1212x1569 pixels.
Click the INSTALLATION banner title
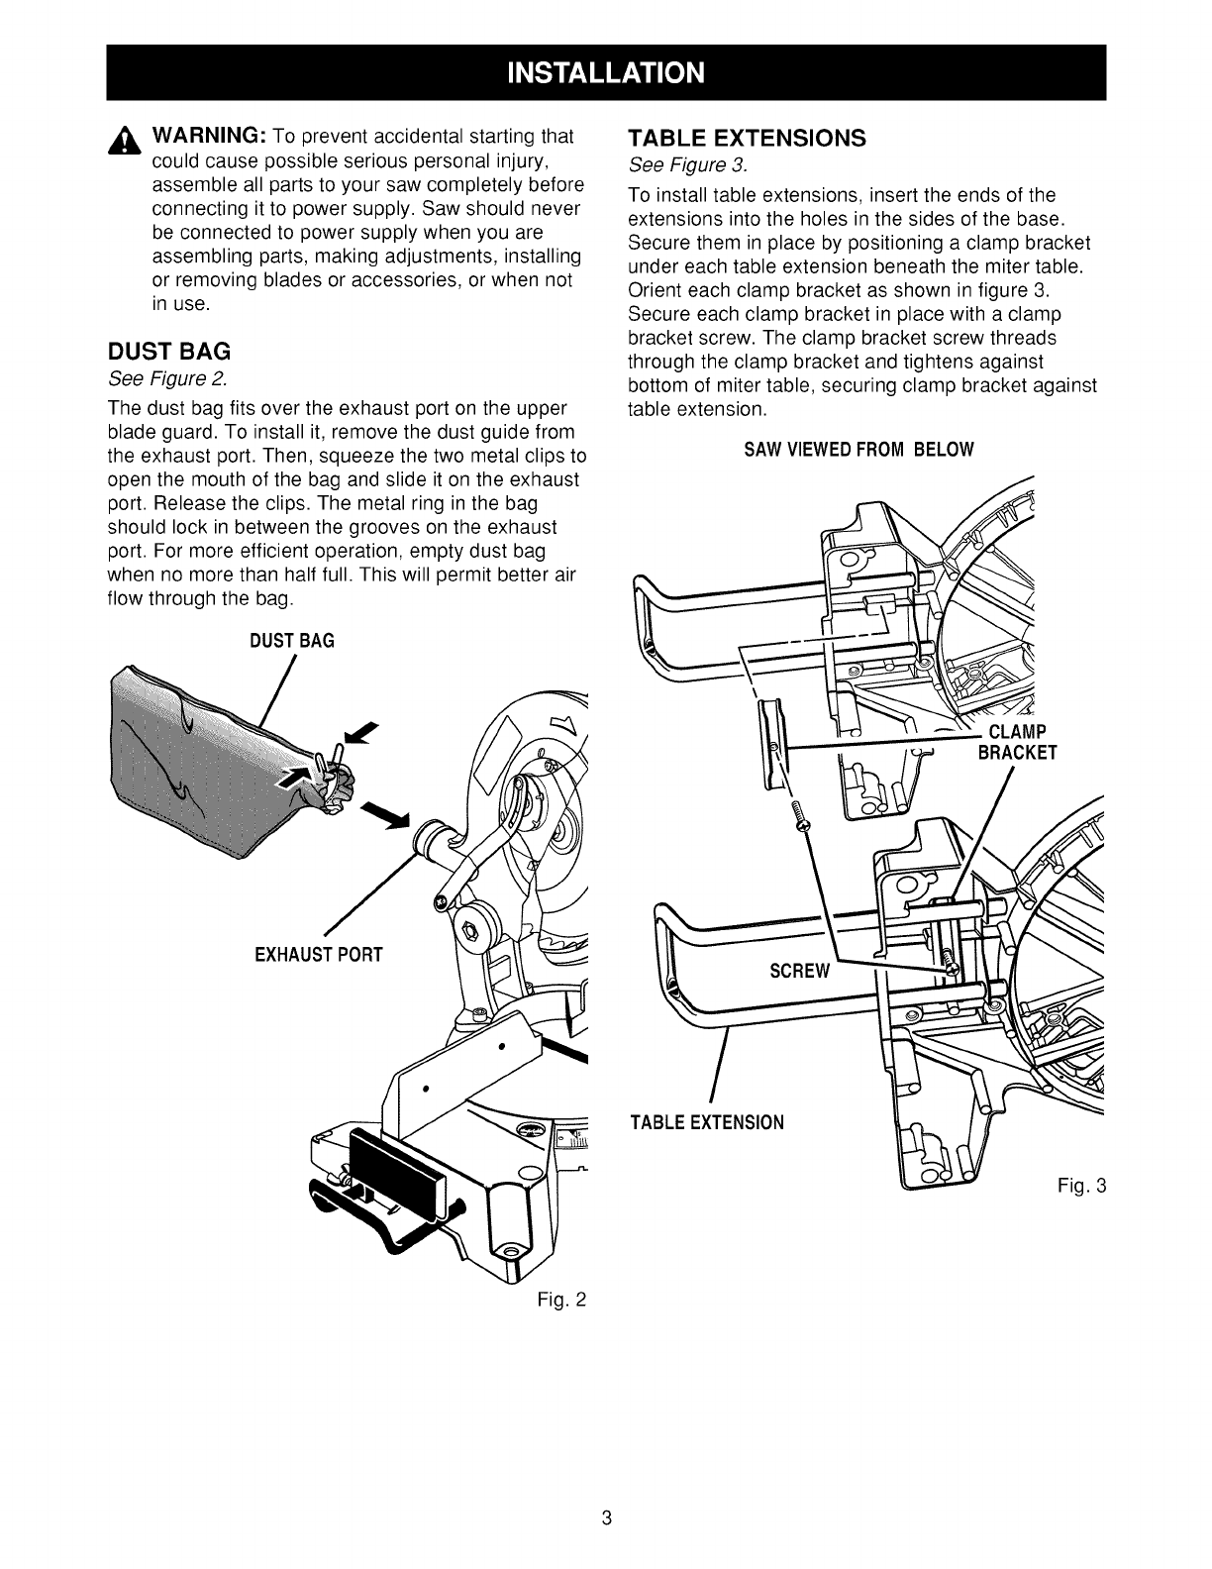[606, 73]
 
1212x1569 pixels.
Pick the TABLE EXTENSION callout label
[707, 1122]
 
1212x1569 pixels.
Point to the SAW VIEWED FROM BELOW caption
[858, 450]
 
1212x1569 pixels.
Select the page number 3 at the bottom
[607, 1517]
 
